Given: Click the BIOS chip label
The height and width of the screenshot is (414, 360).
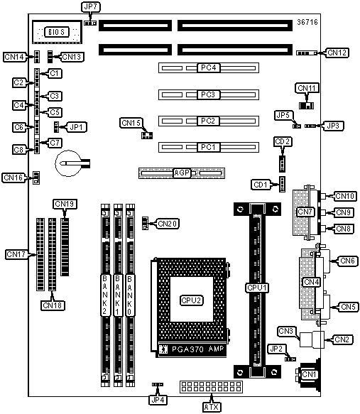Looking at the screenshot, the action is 57,32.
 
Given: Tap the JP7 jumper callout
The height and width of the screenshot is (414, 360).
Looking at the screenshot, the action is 90,7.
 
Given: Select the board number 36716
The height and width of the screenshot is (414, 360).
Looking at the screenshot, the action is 307,22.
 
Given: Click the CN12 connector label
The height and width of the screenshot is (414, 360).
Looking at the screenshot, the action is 337,53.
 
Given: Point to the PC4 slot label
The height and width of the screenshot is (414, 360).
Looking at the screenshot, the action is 209,67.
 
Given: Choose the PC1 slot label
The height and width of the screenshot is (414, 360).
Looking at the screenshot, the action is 209,147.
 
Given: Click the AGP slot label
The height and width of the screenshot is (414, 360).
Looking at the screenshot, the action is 182,173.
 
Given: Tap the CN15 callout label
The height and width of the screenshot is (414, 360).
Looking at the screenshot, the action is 131,123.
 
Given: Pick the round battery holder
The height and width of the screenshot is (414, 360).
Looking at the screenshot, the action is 69,163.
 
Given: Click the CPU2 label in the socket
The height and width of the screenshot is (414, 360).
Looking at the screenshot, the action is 191,300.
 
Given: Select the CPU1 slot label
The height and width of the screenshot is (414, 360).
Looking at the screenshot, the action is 257,288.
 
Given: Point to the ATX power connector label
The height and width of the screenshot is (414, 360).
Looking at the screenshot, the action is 212,407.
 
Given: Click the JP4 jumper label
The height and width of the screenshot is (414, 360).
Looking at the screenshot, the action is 158,400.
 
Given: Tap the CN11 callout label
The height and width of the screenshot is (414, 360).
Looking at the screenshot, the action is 307,88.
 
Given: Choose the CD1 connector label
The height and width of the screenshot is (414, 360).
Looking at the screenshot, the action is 260,185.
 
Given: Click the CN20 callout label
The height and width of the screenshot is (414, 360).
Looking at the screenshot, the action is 168,224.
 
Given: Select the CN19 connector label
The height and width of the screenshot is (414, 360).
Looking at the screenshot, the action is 65,204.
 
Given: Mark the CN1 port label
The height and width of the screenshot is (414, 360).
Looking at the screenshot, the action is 309,374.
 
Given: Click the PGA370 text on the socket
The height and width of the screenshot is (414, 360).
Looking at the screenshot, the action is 187,349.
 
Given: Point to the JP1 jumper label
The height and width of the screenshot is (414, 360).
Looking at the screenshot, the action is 77,127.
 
